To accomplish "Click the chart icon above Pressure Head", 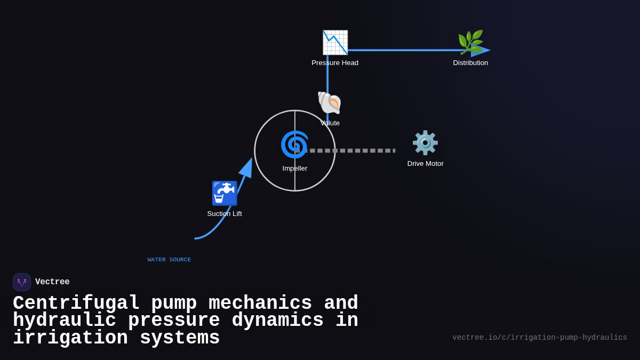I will (335, 43).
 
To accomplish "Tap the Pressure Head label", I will (335, 63).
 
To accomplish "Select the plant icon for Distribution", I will (470, 42).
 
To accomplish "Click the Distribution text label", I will (470, 63).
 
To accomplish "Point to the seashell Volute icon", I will (329, 102).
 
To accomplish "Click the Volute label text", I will (330, 123).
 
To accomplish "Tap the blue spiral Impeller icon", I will (294, 145).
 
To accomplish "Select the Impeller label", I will (295, 169).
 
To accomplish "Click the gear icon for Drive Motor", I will (425, 143).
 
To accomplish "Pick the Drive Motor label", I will (425, 164).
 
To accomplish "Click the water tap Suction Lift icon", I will (225, 193).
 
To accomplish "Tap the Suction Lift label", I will (225, 214).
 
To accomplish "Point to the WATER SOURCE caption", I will (169, 260).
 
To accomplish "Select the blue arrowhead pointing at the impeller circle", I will (246, 167).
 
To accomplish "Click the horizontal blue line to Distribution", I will (405, 50).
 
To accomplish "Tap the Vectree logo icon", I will (22, 282).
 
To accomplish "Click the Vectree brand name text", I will (52, 282).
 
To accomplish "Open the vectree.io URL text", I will (539, 338).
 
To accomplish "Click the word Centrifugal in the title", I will (76, 303).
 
